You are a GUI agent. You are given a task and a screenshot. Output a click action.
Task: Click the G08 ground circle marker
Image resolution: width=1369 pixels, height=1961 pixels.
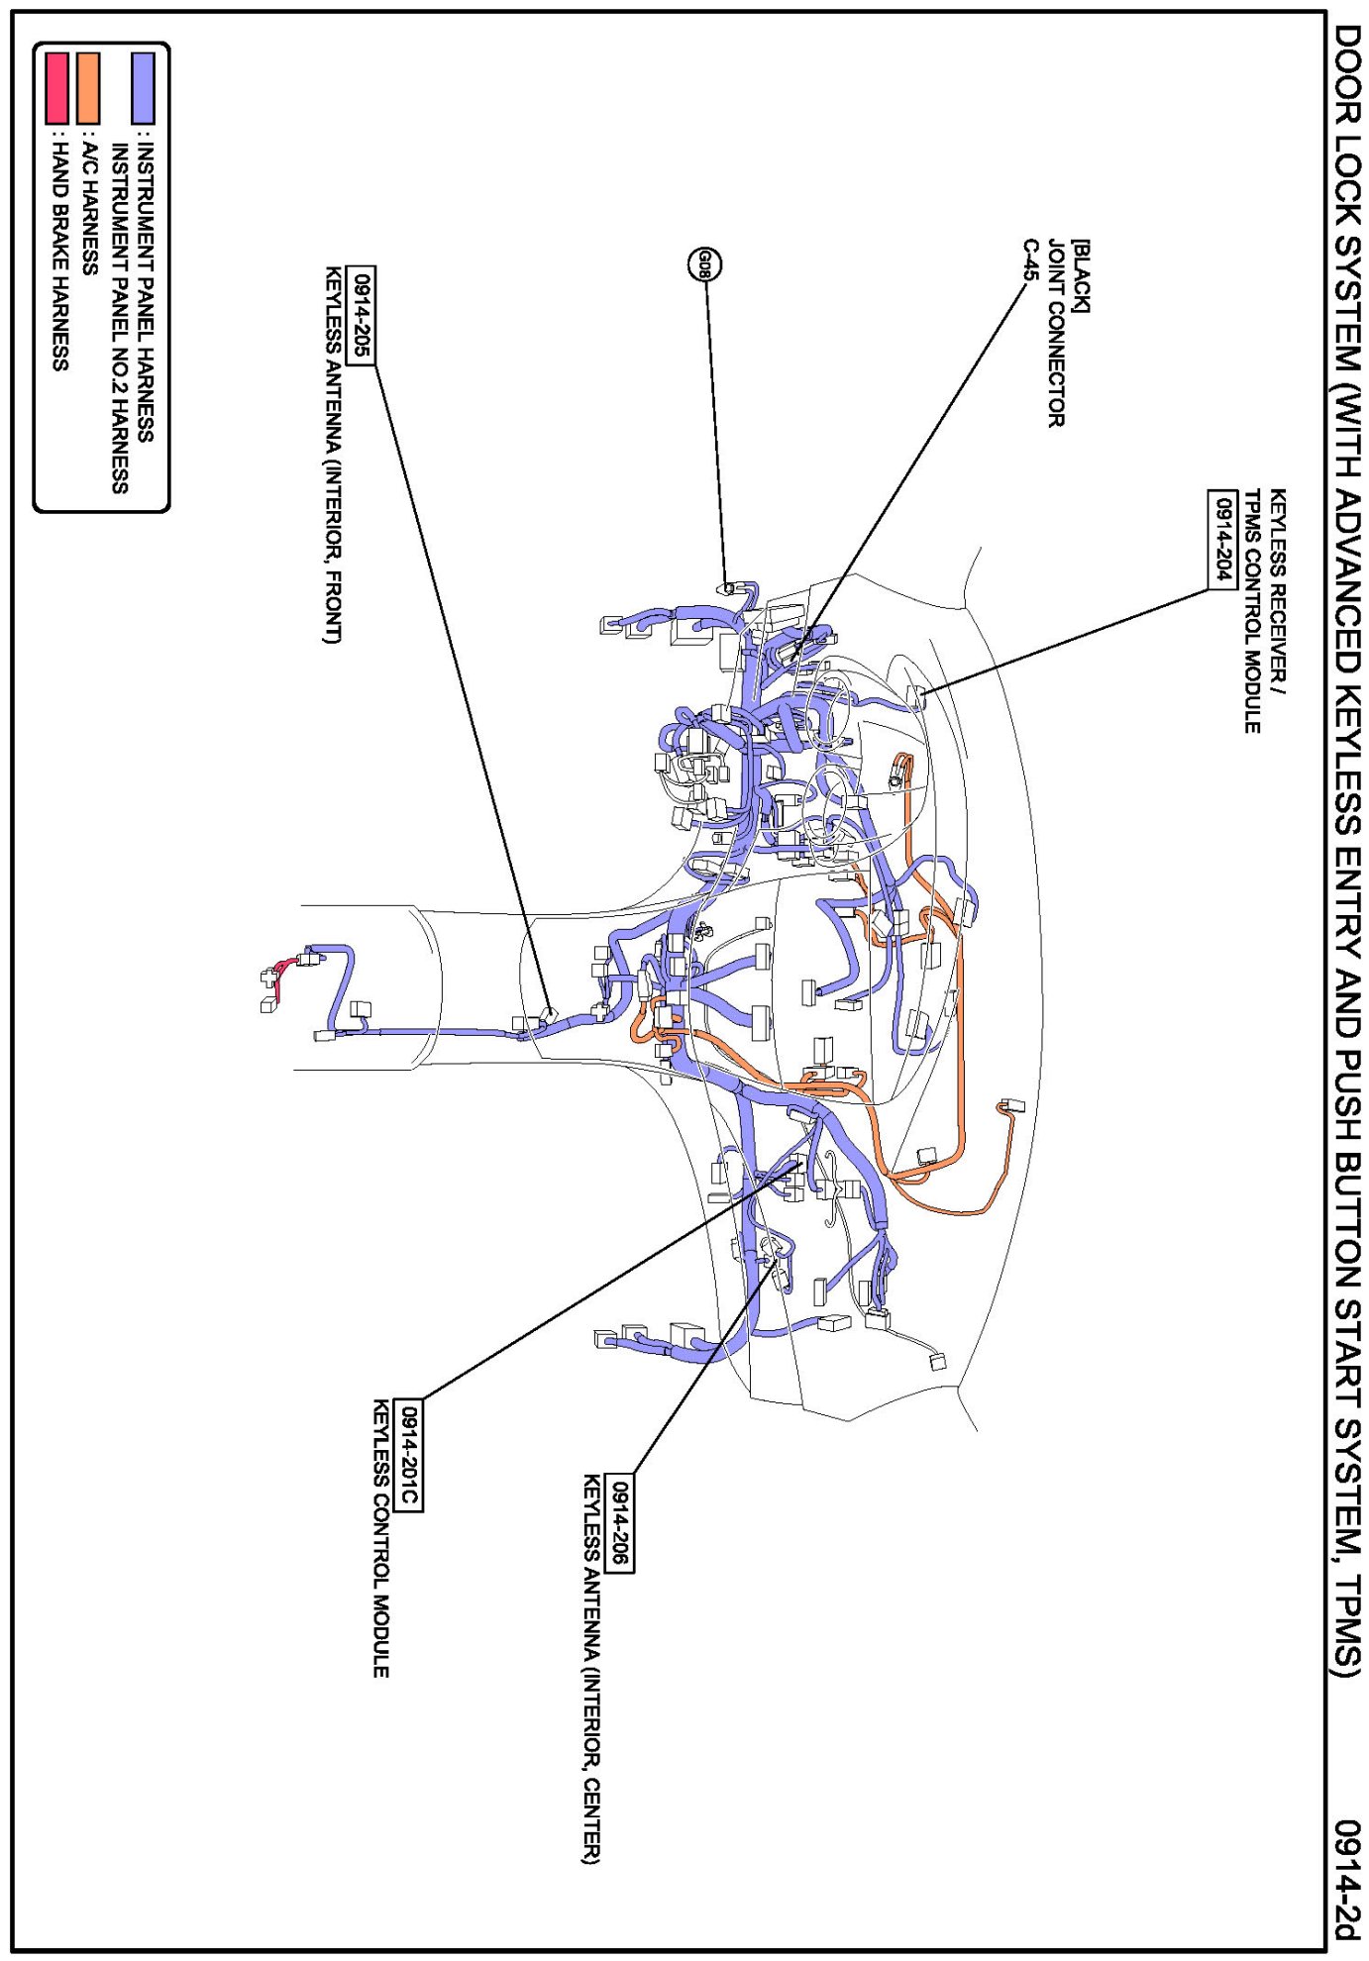703,263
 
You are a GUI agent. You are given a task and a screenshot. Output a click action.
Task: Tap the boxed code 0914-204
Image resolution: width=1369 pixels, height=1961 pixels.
1222,539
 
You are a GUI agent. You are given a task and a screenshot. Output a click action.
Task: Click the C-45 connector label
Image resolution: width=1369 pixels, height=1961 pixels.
1030,259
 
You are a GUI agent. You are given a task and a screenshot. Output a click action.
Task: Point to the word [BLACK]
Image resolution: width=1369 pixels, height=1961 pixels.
1081,276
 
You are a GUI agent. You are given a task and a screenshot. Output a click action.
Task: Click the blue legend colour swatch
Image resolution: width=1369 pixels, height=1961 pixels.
144,88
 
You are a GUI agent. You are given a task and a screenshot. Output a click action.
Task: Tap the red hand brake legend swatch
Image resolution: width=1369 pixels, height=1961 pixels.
57,88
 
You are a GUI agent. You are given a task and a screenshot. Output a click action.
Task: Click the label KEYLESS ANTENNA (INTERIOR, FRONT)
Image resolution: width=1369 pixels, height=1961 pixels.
333,455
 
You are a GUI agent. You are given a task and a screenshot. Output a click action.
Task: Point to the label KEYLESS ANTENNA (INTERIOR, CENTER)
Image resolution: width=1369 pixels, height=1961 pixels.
591,1668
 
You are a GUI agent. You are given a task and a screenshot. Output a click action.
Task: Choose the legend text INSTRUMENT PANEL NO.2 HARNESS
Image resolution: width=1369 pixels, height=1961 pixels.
119,317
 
